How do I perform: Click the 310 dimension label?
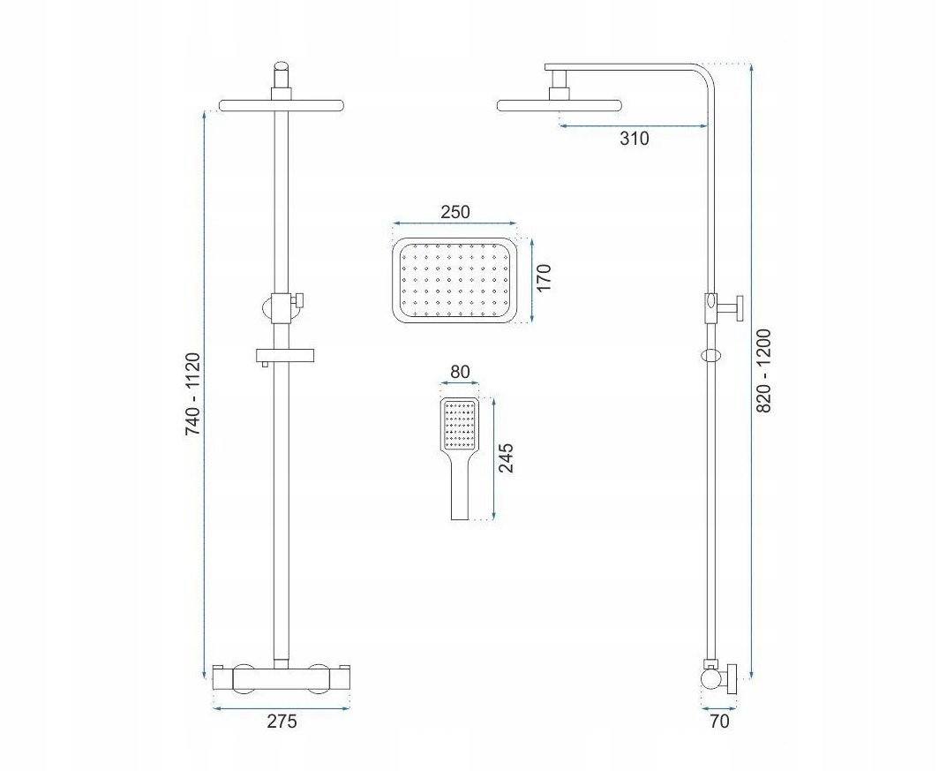point(635,139)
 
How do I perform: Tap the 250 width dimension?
point(455,212)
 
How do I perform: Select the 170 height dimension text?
point(543,277)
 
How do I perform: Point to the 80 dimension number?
point(460,372)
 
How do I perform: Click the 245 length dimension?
point(506,457)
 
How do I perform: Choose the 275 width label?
point(282,722)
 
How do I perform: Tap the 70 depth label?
point(719,722)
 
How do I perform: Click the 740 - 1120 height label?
point(192,394)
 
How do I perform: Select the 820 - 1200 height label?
point(764,371)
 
